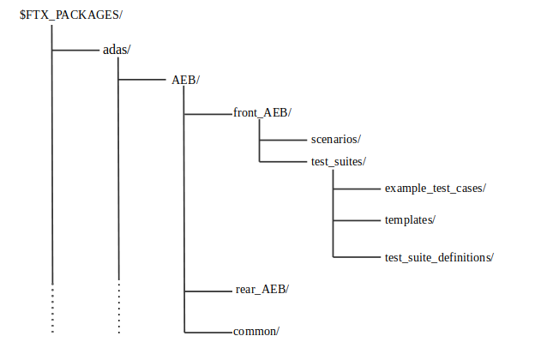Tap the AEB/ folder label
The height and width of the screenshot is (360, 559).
(185, 81)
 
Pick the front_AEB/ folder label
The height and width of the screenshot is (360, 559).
(262, 112)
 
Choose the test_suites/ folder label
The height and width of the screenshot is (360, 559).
(339, 160)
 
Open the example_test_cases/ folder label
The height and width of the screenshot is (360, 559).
(436, 189)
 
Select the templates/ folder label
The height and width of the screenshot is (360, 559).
(411, 220)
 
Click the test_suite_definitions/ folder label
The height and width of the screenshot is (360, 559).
(440, 257)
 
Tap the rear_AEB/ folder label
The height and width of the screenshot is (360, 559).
(261, 289)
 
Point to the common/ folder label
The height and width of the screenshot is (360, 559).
(256, 331)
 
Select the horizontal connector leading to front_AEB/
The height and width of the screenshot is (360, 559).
(207, 113)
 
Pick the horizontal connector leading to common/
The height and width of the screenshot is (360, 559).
(207, 331)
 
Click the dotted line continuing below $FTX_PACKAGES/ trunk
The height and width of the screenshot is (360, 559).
(53, 309)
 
